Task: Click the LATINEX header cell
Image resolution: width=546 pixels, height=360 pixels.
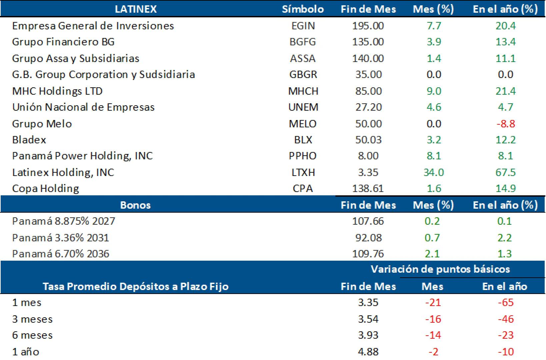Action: (x=136, y=9)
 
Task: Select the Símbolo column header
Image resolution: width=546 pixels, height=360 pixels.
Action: (x=303, y=9)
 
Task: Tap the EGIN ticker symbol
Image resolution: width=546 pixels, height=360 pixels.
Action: (x=303, y=26)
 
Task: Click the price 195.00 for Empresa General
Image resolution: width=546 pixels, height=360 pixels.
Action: (x=368, y=26)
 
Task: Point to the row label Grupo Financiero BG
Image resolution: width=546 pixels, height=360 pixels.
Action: (x=63, y=42)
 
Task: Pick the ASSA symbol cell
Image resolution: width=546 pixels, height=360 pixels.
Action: (x=303, y=58)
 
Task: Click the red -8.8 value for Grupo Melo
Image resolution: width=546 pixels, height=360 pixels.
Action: (x=505, y=124)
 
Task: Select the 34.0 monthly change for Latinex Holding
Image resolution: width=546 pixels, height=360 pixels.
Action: (x=433, y=172)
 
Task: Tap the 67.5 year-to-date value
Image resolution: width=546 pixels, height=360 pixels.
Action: (x=505, y=172)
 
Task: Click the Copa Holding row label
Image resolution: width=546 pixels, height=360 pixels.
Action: (x=46, y=189)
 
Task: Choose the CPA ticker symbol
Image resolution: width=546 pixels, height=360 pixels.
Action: (x=303, y=189)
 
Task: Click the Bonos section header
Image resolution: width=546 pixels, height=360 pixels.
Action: (x=135, y=205)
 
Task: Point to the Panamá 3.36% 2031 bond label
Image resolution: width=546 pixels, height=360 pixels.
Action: (x=60, y=238)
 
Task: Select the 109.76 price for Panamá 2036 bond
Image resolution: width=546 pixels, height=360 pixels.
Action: (x=368, y=254)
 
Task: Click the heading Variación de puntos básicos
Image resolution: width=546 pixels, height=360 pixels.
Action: (x=440, y=269)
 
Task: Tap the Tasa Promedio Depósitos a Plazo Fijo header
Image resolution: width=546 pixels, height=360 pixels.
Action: (x=135, y=286)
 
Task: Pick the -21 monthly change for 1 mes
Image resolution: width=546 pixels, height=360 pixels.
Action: (x=433, y=302)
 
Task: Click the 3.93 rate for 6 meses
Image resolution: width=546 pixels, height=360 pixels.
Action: (x=368, y=335)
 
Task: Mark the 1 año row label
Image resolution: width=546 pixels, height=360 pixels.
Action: (x=26, y=352)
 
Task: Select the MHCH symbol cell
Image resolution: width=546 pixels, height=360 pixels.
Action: (x=303, y=91)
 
